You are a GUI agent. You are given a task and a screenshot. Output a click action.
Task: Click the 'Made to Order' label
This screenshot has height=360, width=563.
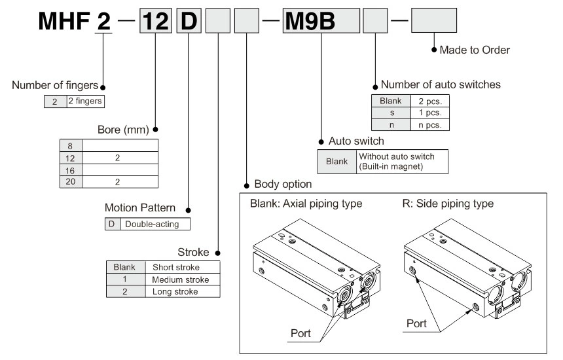474,50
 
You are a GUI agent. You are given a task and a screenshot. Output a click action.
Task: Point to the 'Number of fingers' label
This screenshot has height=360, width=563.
55,86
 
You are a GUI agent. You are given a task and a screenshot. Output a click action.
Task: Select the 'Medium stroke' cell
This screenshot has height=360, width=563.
179,279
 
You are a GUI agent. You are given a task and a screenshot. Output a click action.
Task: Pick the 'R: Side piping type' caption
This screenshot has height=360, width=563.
448,204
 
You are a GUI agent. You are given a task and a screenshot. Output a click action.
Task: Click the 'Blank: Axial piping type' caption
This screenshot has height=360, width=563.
306,204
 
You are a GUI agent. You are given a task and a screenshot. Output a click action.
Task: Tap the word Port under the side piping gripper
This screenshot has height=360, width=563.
416,323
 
